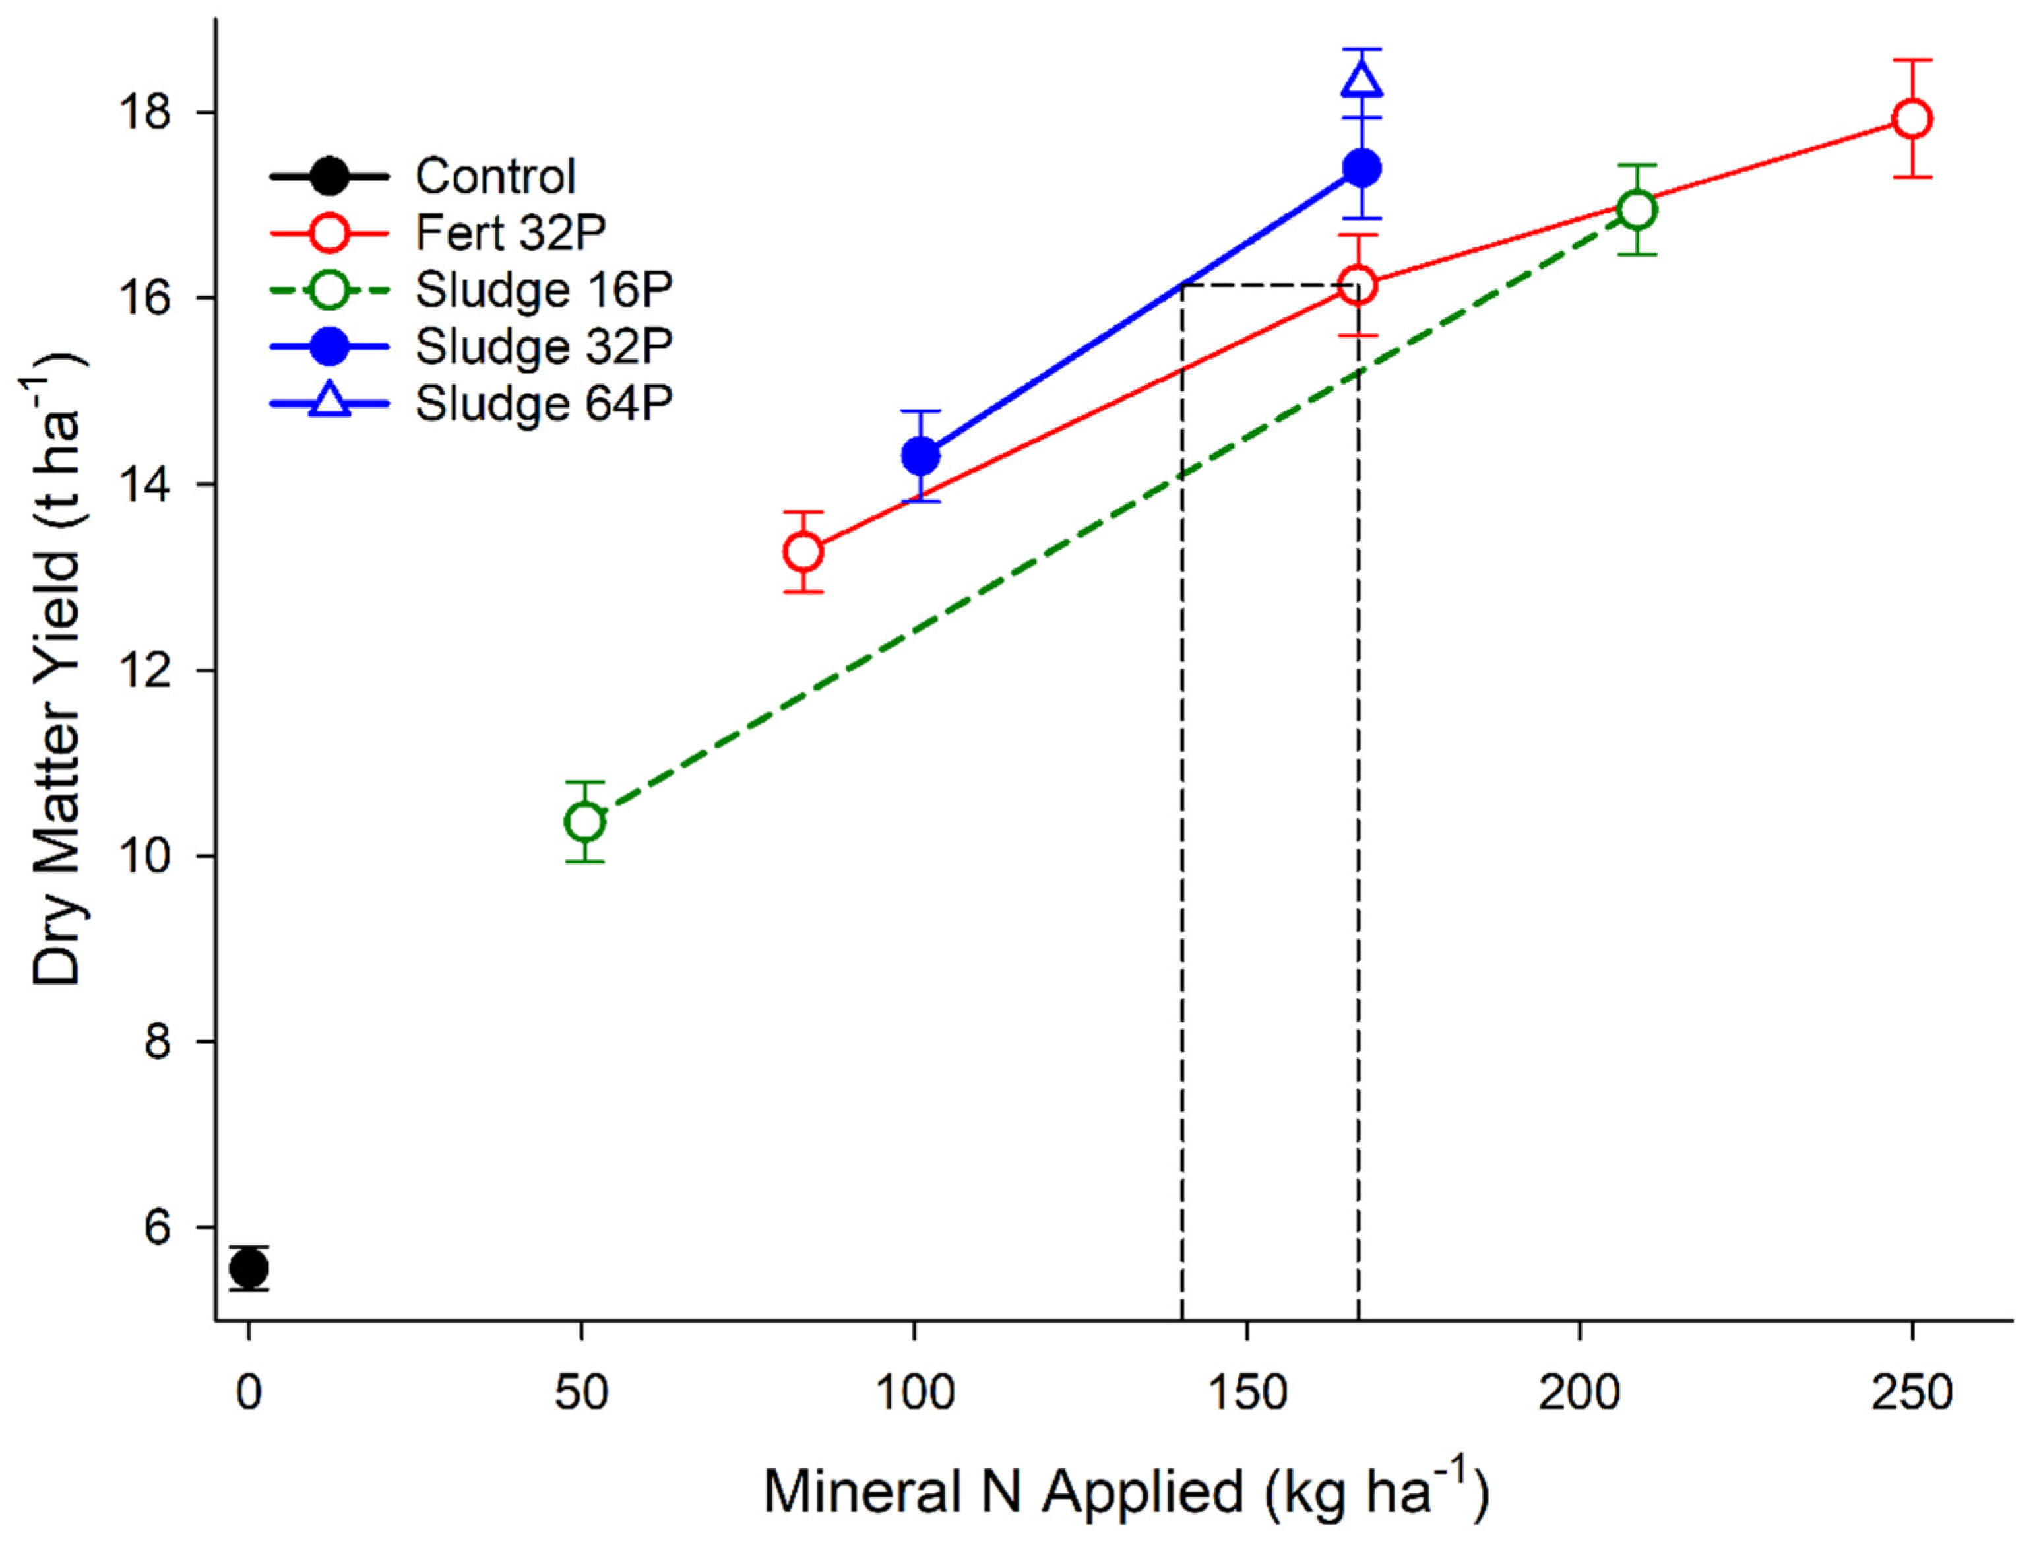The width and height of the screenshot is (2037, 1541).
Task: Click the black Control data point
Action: [x=249, y=1268]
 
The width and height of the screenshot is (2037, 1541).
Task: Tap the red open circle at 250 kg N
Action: [x=1912, y=119]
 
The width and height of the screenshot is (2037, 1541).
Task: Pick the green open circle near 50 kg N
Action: [x=584, y=821]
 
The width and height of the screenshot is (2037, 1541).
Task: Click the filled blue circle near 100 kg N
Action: [x=921, y=455]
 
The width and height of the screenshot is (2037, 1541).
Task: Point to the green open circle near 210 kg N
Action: [x=1637, y=210]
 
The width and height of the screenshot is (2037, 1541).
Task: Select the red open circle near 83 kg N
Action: [x=803, y=552]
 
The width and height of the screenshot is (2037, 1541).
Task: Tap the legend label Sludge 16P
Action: [x=544, y=290]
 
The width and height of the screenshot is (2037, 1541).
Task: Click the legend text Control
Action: [x=495, y=176]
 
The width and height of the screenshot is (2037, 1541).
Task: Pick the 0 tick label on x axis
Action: [x=249, y=1393]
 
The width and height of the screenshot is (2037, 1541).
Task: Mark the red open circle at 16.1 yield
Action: [x=1358, y=286]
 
